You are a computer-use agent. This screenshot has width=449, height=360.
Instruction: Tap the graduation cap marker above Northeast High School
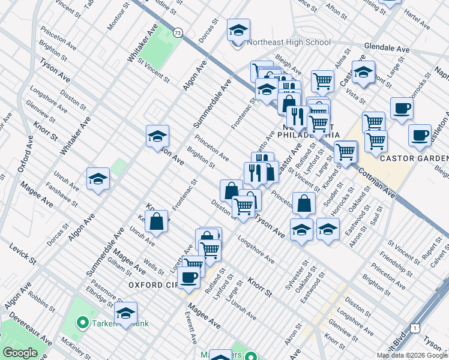coord(238,30)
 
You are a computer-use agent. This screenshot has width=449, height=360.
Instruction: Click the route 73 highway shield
coord(178,32)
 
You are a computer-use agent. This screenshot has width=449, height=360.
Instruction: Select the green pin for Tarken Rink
coord(83,325)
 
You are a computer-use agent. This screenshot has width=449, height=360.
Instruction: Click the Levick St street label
coord(23,254)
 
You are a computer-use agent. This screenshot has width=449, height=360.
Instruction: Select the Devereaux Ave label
coord(22,313)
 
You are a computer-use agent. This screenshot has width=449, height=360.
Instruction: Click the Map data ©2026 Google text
coord(411,355)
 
